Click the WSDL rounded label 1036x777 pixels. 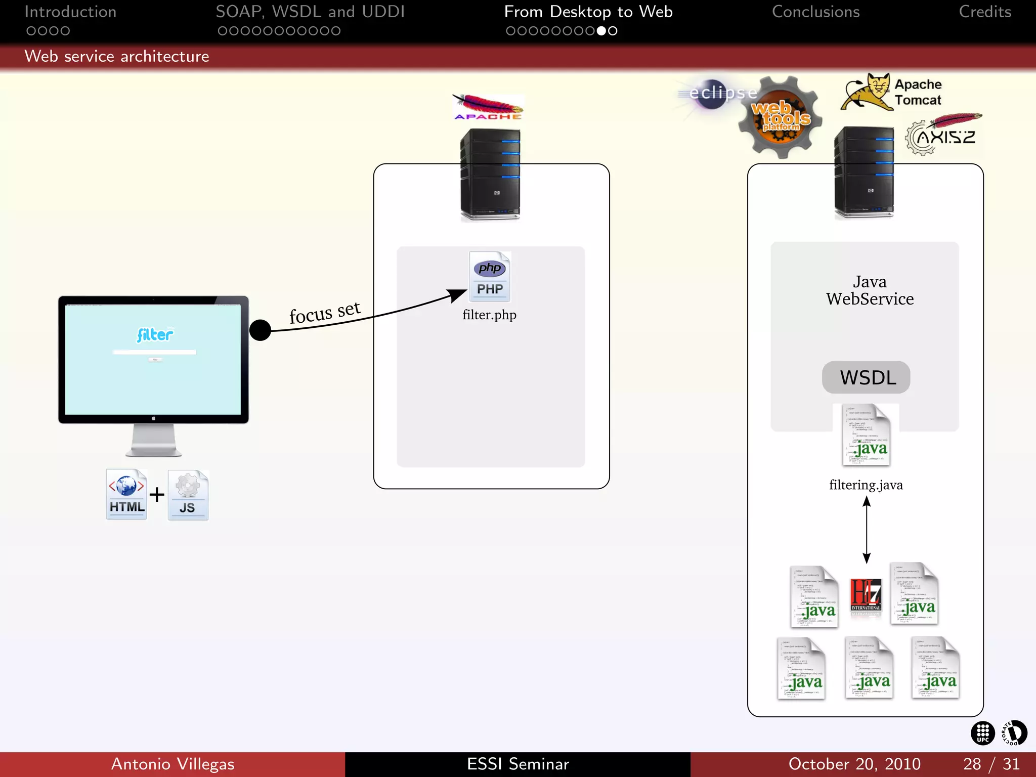click(866, 377)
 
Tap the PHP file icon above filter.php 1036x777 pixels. click(490, 277)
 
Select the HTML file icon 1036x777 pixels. click(126, 494)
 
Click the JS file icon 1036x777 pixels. click(188, 495)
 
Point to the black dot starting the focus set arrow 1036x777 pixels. click(261, 330)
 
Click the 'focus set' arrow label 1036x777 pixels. click(325, 312)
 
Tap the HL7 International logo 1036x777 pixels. click(866, 595)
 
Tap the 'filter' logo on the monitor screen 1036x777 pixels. click(155, 334)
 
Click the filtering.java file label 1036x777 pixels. click(866, 485)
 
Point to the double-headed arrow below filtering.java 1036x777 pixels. click(867, 530)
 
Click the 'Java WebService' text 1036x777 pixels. click(870, 290)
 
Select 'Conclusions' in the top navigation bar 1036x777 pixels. click(815, 12)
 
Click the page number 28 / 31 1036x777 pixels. click(990, 764)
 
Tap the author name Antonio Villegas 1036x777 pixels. click(172, 764)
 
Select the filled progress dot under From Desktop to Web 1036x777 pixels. click(601, 31)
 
